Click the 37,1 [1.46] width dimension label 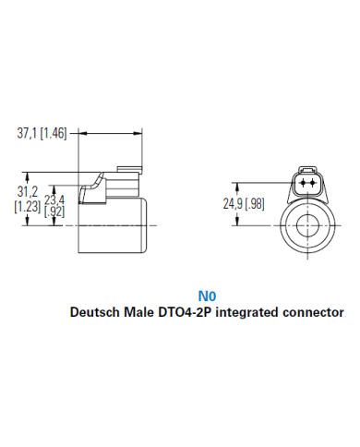point(44,133)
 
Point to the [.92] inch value point(55,211)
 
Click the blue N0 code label point(205,296)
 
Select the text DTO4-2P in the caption point(185,312)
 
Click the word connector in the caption point(312,312)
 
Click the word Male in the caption point(140,312)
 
